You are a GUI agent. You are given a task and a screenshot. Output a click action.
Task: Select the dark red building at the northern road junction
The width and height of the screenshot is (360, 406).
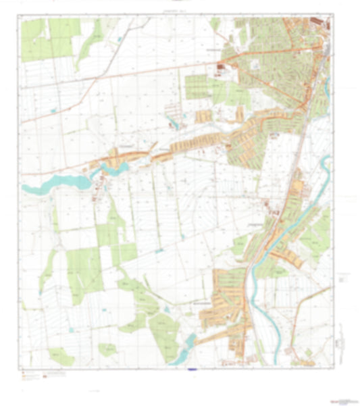click(222, 66)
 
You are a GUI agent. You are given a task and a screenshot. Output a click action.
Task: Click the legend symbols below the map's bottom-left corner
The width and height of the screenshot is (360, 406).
click(34, 374)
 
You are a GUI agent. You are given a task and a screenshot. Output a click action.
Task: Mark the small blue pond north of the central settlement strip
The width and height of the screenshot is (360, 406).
click(176, 124)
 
